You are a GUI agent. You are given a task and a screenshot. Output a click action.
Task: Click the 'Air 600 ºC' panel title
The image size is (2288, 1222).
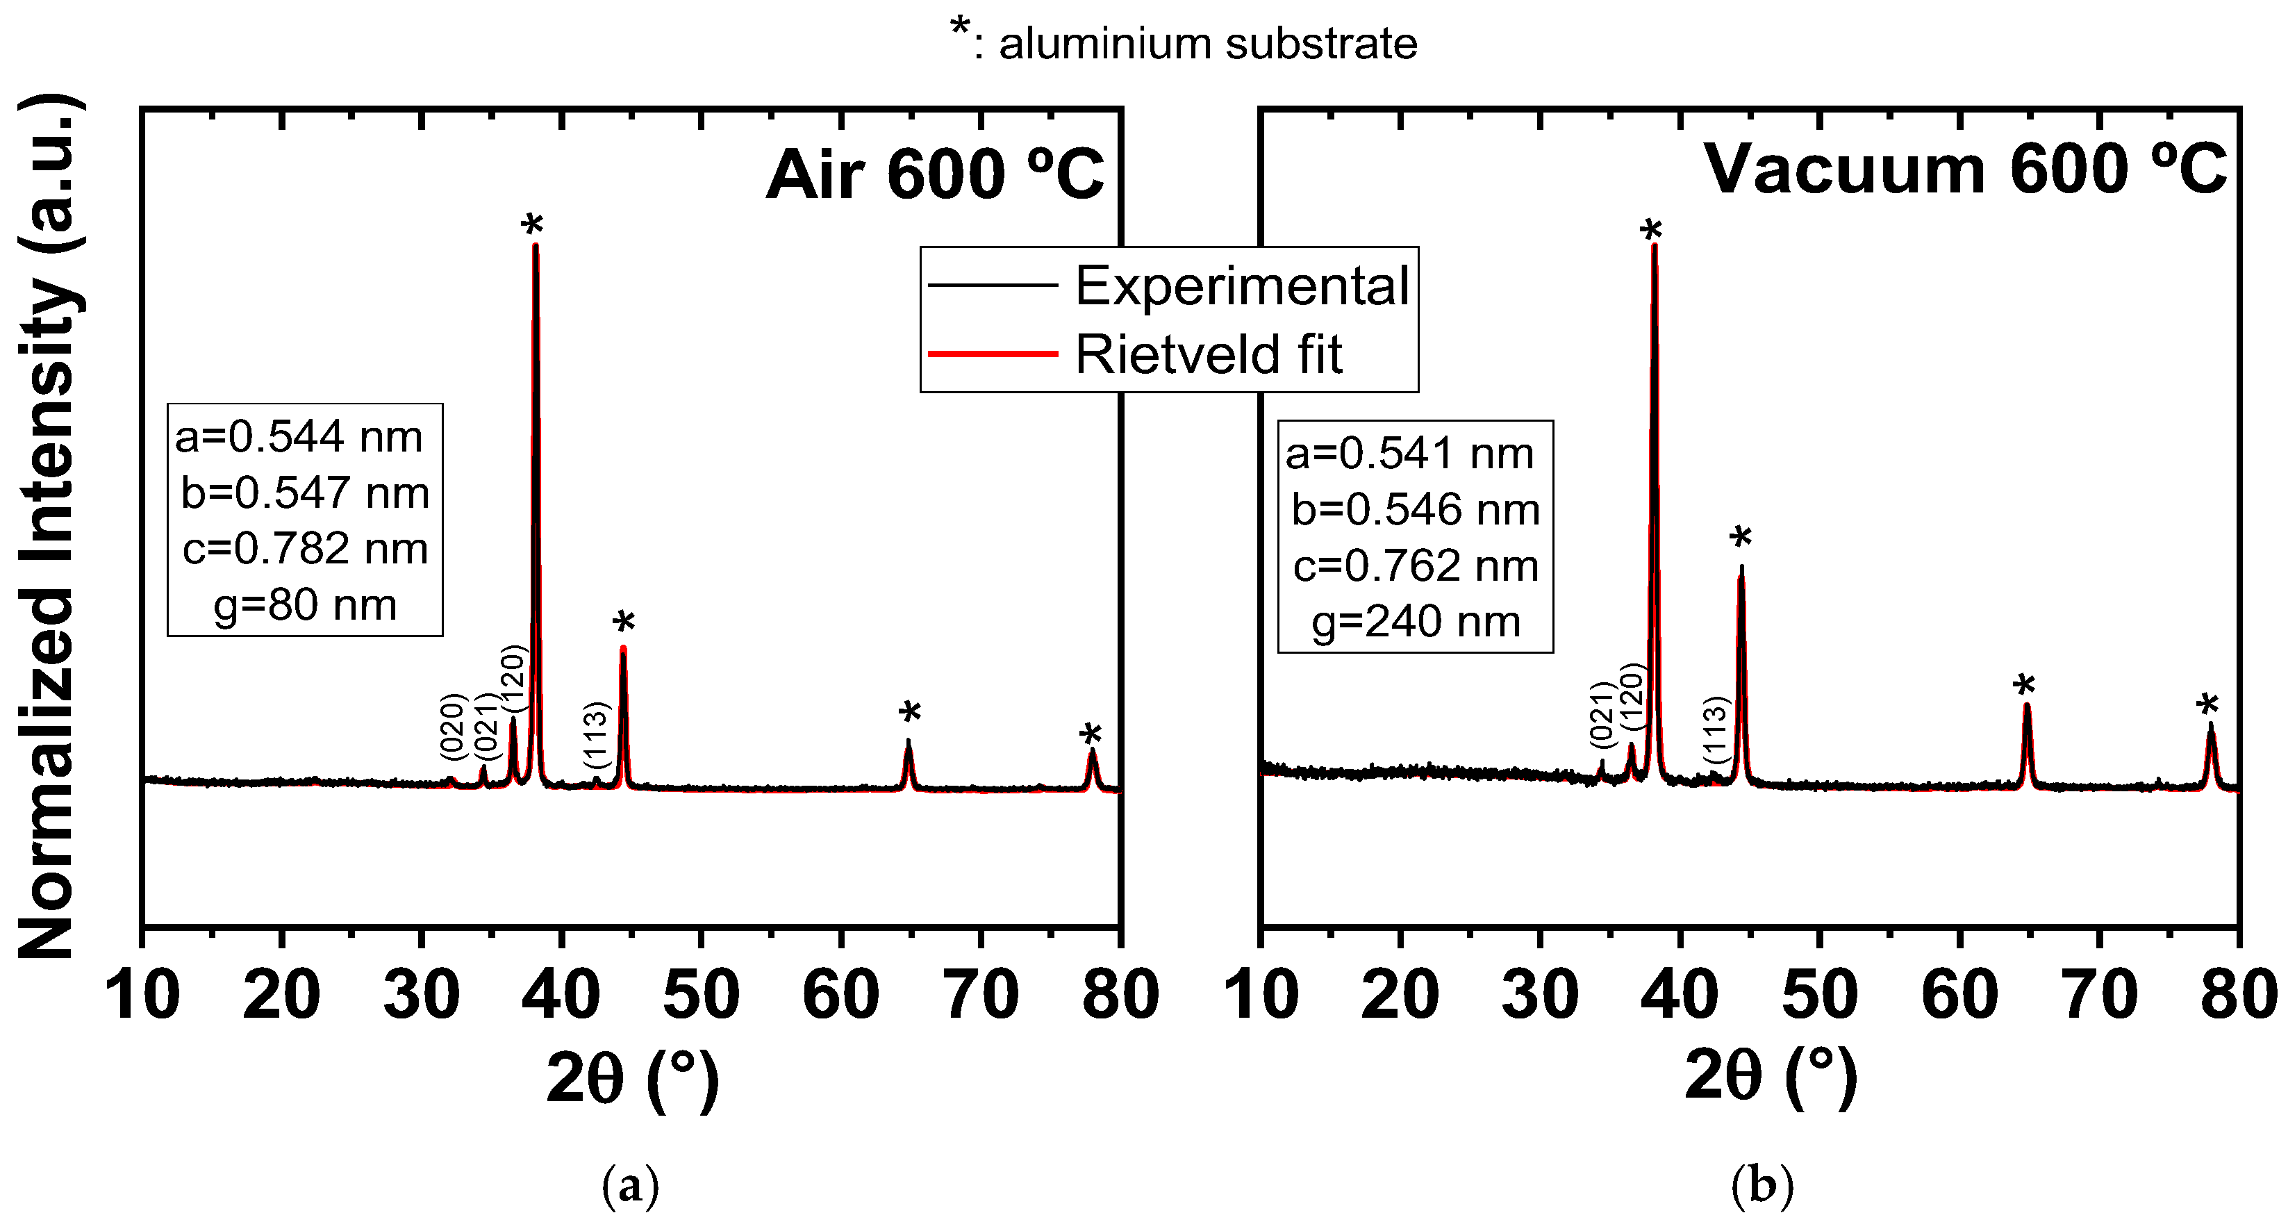pos(934,174)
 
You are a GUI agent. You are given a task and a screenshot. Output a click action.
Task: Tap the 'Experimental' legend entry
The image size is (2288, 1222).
pos(1242,286)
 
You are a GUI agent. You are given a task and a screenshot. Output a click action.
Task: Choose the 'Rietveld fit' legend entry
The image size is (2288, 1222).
pos(1208,354)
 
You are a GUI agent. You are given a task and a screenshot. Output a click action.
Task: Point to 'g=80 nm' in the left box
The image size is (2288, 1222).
pos(305,606)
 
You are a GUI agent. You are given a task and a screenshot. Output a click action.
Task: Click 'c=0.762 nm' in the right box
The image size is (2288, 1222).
pos(1416,565)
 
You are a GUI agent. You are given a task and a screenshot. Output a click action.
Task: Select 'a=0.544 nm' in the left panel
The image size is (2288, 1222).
pos(299,437)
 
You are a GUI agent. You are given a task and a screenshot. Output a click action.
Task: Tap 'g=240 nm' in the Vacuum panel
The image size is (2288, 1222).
pos(1416,622)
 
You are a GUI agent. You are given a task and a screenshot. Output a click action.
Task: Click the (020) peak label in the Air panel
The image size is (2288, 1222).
pos(453,727)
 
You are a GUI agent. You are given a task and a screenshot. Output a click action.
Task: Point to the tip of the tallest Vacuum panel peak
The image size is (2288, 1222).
pos(1654,245)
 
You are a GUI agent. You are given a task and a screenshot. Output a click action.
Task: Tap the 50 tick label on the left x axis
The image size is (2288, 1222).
pos(701,996)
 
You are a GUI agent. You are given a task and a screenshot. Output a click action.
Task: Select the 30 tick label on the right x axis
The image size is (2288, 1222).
pos(1539,996)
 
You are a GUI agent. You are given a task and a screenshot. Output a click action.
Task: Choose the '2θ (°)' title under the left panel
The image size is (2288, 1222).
pos(632,1077)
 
